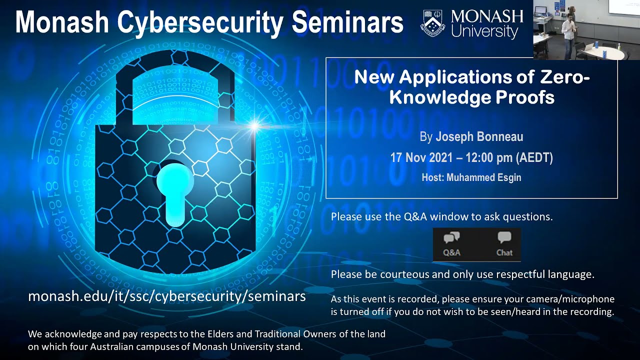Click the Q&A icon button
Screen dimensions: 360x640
click(451, 244)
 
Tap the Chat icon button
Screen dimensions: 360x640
click(504, 244)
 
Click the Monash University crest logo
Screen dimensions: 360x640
click(433, 23)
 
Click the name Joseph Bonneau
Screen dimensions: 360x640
click(479, 136)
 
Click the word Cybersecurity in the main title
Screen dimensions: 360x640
click(202, 22)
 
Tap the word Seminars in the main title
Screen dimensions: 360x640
click(347, 22)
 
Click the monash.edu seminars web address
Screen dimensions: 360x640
click(166, 296)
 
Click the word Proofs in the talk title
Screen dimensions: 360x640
click(529, 97)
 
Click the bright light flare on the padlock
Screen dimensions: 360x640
click(254, 125)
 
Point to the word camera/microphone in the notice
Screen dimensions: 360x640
click(573, 299)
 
